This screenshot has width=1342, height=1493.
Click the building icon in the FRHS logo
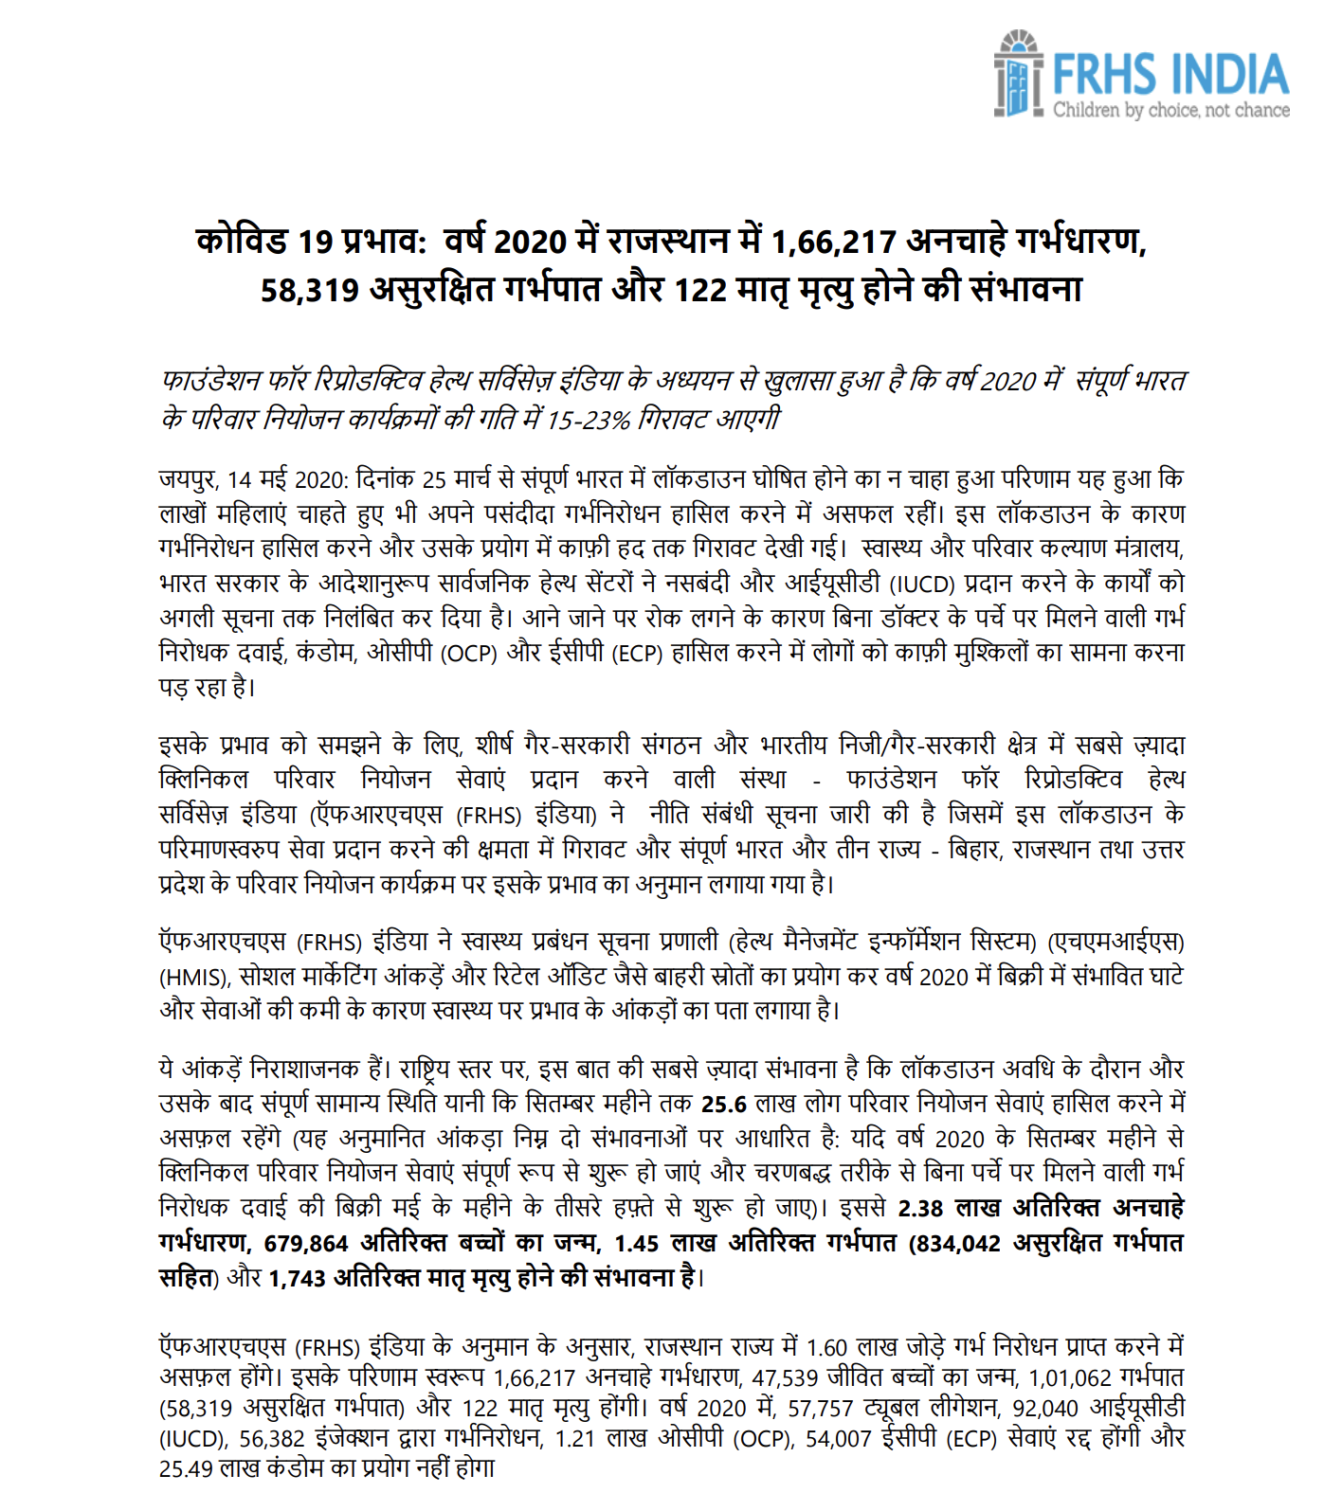click(x=1018, y=75)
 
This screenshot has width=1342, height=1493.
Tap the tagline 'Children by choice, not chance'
click(x=1170, y=111)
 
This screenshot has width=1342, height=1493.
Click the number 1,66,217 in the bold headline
click(x=833, y=243)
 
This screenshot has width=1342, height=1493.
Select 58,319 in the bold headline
click(x=310, y=290)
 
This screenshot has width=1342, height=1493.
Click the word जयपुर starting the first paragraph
click(x=189, y=479)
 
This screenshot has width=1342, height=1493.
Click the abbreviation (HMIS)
click(x=193, y=977)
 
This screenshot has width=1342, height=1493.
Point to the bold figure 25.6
click(x=724, y=1104)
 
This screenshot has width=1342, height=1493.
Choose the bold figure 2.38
click(x=920, y=1208)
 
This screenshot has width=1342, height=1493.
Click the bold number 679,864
click(x=306, y=1243)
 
